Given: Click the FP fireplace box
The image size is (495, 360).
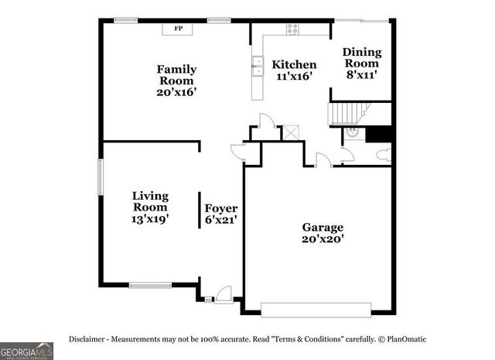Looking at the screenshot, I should click(x=178, y=29).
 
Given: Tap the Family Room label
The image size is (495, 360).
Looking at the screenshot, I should click(x=177, y=74).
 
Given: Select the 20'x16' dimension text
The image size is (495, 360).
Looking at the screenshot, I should click(x=177, y=91).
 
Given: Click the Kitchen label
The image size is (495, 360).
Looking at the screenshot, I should click(x=293, y=64).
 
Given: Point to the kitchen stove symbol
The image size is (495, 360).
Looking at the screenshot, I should click(x=292, y=29).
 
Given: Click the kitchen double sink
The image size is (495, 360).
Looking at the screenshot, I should click(x=256, y=66).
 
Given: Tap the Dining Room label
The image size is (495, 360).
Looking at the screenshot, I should click(x=361, y=58).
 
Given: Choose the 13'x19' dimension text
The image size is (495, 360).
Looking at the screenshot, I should click(x=150, y=219).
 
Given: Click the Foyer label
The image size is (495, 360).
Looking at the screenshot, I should click(x=220, y=208).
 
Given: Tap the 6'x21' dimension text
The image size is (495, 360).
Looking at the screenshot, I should click(x=220, y=220).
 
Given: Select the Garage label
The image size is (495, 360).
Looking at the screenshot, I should click(x=323, y=228).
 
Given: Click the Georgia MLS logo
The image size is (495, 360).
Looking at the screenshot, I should click(x=26, y=351).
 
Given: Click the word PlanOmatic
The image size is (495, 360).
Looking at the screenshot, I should click(x=405, y=339).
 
